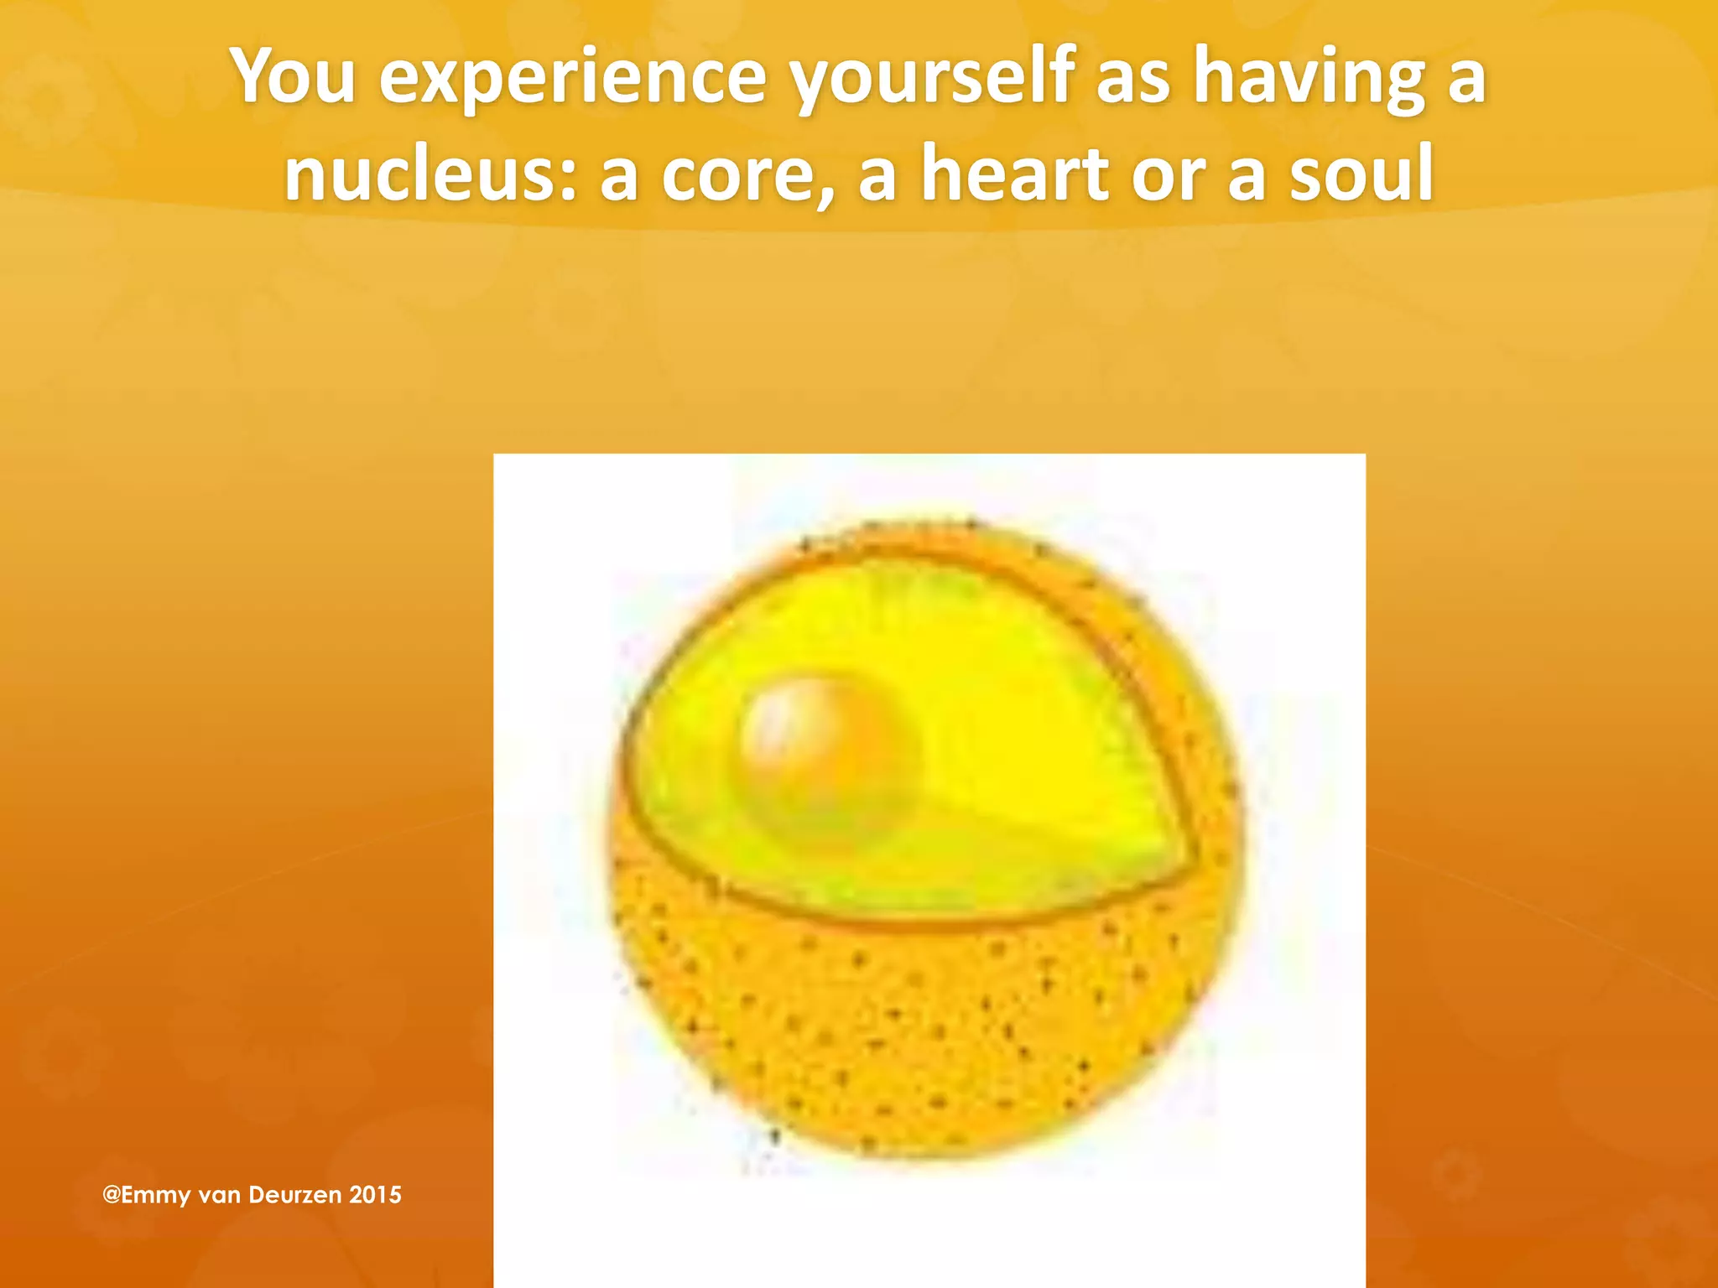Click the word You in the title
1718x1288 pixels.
point(294,77)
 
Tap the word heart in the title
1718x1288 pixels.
point(1015,174)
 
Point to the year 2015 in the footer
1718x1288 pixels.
point(375,1194)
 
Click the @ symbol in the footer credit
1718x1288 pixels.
point(111,1194)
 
